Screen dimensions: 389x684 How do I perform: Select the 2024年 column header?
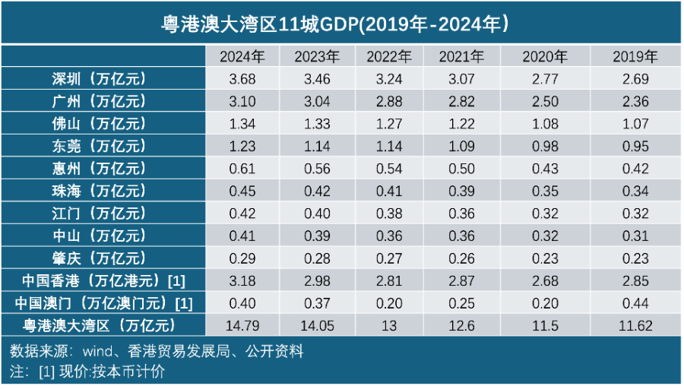242,56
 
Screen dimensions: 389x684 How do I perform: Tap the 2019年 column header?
635,56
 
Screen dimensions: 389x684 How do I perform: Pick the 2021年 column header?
461,56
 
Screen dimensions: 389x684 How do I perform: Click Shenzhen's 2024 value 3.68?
242,78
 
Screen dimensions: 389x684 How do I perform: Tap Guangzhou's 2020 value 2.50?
545,101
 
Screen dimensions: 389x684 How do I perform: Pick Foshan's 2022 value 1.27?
388,124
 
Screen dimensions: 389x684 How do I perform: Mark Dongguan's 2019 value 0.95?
635,146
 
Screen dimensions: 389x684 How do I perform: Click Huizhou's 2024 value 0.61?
242,169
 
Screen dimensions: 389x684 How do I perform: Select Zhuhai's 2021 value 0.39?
461,191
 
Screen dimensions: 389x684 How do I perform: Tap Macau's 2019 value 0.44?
635,303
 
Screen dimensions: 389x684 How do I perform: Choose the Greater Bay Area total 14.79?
242,326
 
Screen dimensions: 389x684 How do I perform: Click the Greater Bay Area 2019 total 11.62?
635,326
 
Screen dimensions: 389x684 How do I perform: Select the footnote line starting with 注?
87,372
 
